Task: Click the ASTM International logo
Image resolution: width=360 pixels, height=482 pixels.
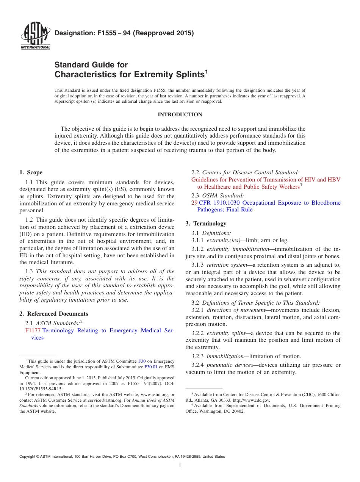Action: (x=35, y=37)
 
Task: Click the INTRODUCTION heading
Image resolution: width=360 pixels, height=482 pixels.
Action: (x=180, y=114)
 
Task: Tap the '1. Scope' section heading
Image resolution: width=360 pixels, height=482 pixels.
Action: (x=31, y=172)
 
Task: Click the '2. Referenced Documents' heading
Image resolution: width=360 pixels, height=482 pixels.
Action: (x=53, y=314)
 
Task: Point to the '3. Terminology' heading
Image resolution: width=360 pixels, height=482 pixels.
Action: (x=206, y=224)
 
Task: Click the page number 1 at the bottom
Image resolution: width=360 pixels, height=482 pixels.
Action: (x=180, y=466)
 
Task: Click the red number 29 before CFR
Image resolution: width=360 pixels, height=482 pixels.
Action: (x=194, y=203)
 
